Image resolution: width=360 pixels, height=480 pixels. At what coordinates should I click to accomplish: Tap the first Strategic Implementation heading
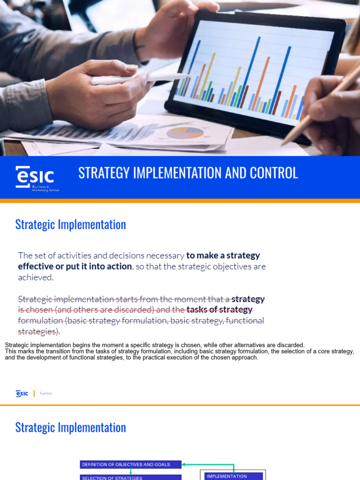70,225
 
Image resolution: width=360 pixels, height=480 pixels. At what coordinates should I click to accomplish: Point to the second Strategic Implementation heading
70,427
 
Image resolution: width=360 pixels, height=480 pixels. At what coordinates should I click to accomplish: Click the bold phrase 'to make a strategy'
223,255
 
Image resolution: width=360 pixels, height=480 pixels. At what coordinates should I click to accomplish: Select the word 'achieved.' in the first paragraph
36,277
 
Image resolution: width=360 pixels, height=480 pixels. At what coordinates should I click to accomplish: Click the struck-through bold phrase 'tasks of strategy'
219,309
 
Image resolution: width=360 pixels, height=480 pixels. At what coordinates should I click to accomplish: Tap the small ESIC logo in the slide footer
22,393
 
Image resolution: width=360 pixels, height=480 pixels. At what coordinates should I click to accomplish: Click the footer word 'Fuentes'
46,394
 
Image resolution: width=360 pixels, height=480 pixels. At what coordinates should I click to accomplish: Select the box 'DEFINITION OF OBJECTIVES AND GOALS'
130,465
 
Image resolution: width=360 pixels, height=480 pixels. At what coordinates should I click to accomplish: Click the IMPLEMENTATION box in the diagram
233,476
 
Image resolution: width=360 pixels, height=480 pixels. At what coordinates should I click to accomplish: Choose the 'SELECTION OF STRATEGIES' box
130,478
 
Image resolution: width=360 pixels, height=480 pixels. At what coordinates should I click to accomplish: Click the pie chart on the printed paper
185,133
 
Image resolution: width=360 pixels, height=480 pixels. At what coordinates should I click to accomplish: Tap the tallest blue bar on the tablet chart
256,70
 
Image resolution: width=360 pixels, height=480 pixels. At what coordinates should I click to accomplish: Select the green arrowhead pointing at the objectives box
184,465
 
